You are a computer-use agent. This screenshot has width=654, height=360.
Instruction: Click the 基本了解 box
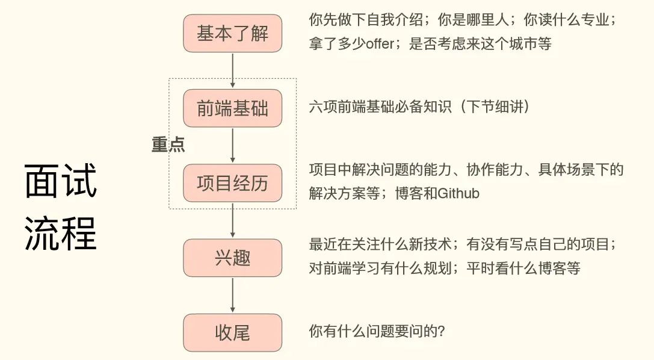click(x=232, y=33)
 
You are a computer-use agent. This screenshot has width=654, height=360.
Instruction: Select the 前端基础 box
click(x=232, y=108)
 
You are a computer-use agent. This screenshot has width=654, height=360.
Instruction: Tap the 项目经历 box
click(x=232, y=183)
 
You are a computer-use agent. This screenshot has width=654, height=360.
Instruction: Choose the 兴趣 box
click(x=232, y=258)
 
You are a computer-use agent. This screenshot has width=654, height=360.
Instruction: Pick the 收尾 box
click(x=232, y=332)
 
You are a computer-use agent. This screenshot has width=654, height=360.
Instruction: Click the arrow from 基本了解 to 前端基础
click(x=232, y=70)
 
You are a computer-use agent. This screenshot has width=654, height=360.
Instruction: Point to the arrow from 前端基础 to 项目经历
click(x=232, y=145)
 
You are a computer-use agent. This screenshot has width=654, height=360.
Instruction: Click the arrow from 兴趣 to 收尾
click(x=232, y=295)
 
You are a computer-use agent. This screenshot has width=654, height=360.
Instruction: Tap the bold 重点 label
click(x=168, y=144)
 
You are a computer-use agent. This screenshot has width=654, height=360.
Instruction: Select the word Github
click(x=458, y=194)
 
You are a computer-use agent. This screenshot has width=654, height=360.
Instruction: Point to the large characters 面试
click(x=61, y=182)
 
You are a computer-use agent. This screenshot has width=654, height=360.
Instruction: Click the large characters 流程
click(x=61, y=234)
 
